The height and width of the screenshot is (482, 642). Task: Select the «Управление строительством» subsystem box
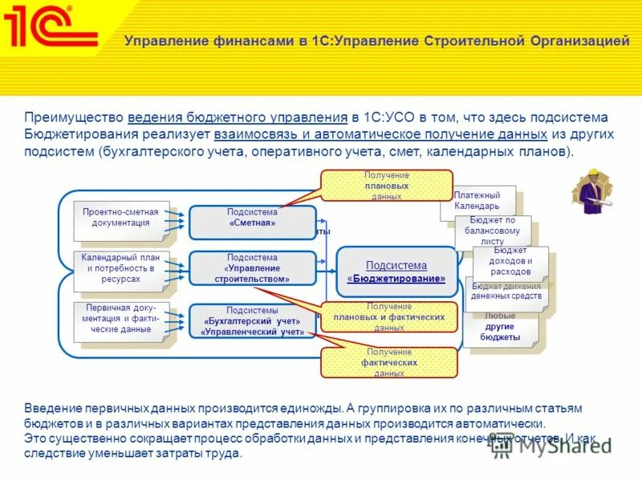point(252,268)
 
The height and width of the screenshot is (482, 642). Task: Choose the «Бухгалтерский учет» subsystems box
point(252,321)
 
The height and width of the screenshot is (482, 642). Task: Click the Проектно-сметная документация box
point(121,219)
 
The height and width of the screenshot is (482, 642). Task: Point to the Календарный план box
point(121,268)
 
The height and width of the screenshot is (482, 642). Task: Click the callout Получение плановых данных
point(386,186)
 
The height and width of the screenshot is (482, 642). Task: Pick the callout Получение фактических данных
point(388,363)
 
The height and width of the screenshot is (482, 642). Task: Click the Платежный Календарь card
point(477,200)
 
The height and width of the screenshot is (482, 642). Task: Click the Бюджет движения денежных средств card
point(506,292)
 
